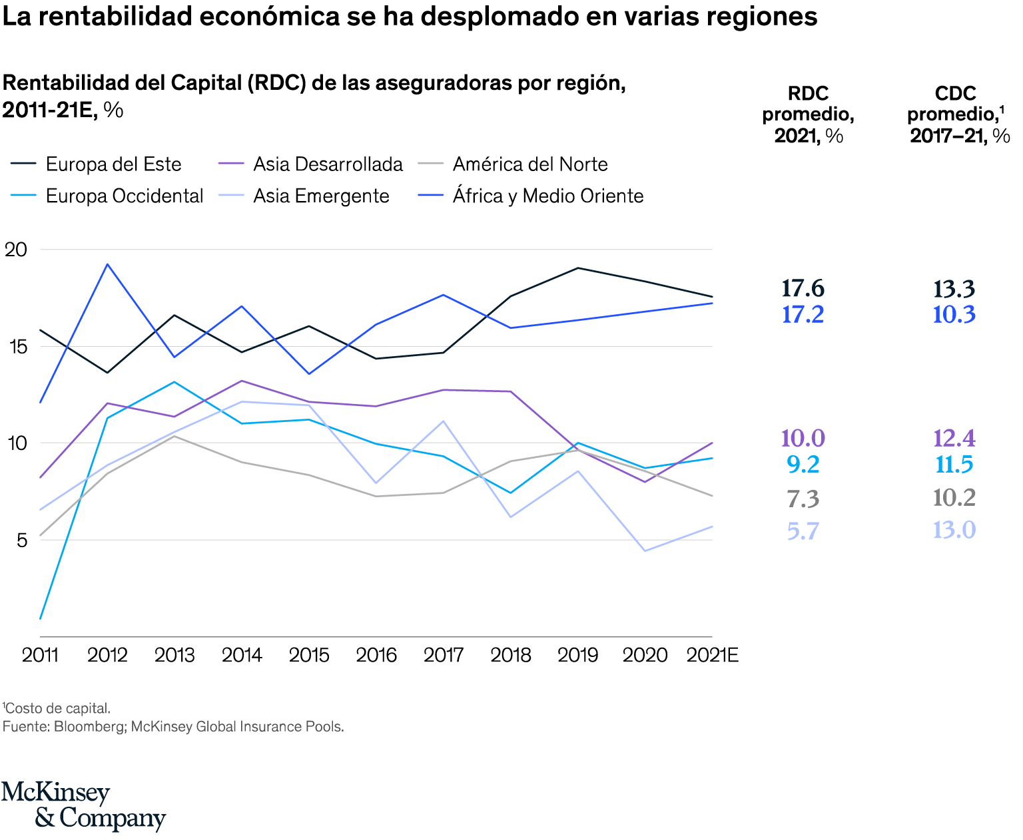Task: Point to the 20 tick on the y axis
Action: point(16,250)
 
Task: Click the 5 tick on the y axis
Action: point(22,540)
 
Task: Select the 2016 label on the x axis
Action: point(376,655)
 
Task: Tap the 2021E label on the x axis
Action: point(713,655)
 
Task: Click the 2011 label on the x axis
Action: point(41,655)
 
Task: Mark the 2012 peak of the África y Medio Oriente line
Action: point(107,264)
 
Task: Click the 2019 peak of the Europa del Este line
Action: point(577,268)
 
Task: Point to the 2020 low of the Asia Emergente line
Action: point(645,551)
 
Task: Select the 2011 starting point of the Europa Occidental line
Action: point(41,619)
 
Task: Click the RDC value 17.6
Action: point(803,289)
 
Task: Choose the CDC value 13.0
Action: point(954,530)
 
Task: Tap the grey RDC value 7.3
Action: point(803,499)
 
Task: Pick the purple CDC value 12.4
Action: point(954,439)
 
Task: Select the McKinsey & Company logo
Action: point(83,806)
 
